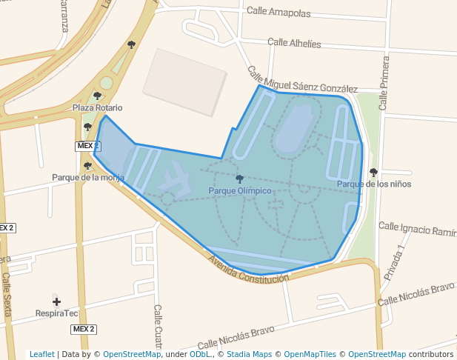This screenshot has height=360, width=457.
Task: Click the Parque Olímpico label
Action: click(239, 191)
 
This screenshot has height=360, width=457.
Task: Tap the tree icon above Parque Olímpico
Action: click(239, 179)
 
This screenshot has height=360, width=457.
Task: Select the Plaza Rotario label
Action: click(97, 108)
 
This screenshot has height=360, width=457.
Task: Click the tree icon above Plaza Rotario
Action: click(97, 96)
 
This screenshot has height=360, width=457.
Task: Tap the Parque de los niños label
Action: click(374, 184)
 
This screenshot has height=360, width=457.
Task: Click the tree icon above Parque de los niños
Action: click(373, 172)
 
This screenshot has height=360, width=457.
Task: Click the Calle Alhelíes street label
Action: click(294, 44)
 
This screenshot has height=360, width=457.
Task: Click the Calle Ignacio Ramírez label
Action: click(417, 228)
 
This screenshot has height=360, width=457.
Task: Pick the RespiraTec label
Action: click(56, 313)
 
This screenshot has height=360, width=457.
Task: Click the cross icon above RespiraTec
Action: click(56, 301)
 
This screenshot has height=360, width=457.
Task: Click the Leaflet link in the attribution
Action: click(41, 354)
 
